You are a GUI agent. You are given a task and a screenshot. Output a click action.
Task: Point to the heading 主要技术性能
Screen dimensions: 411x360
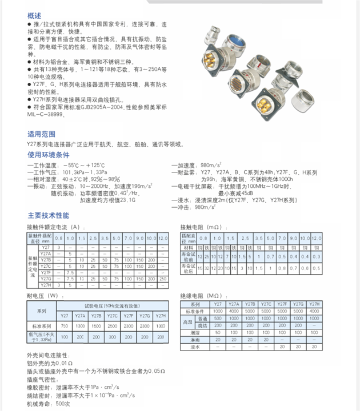48,216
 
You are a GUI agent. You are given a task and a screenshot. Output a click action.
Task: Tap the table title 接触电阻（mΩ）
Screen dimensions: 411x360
200,227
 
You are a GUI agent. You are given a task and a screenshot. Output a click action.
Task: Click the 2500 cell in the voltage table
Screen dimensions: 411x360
113,326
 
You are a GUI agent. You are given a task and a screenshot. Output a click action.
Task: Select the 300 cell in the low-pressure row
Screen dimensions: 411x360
161,337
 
